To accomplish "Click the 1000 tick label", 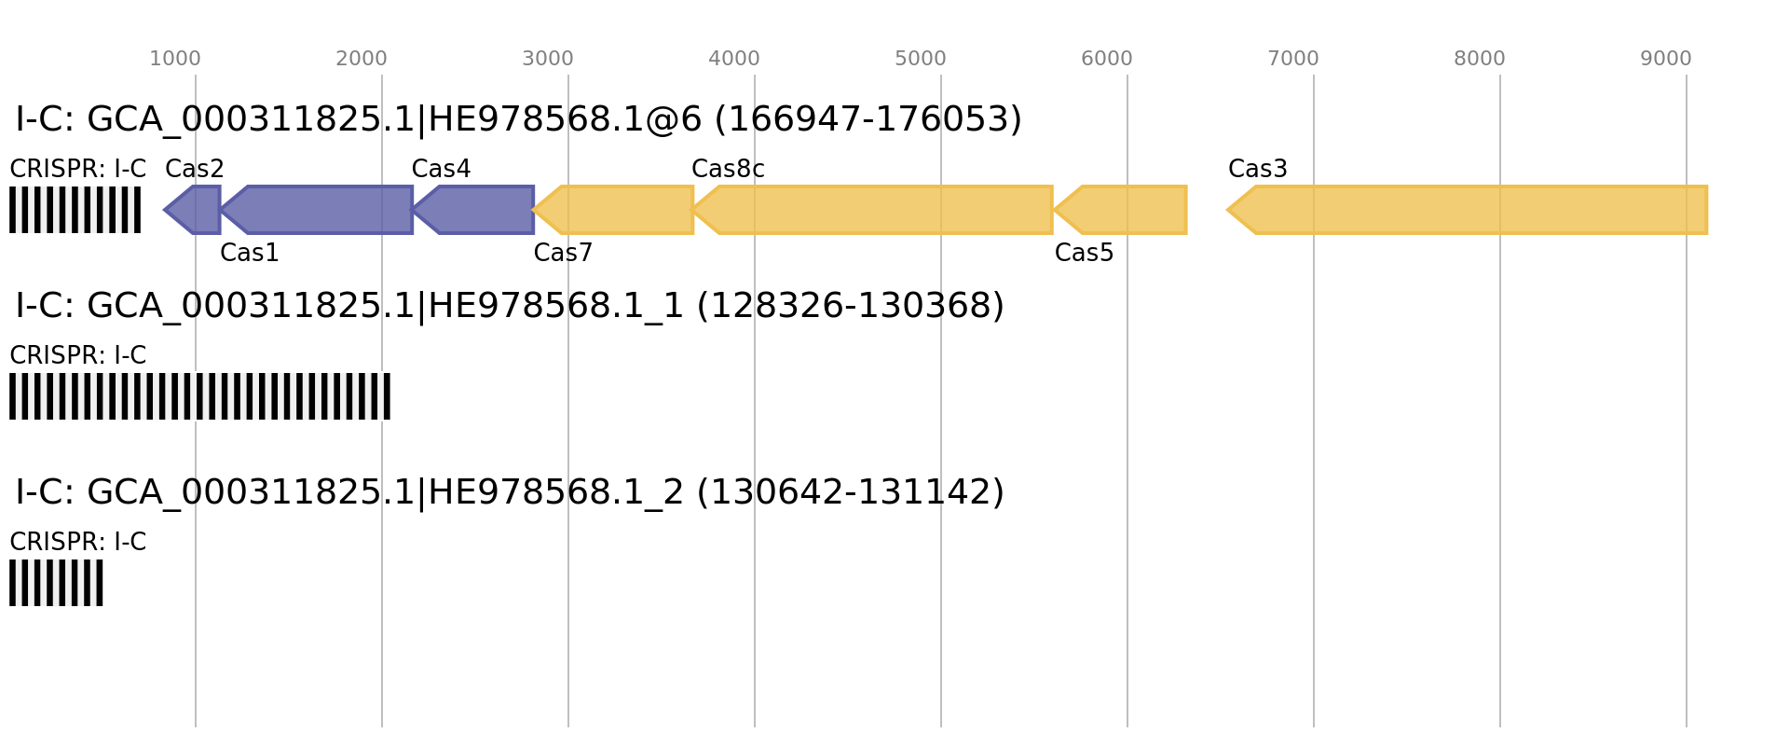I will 175,59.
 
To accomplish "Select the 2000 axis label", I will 362,59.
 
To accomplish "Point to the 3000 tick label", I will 548,59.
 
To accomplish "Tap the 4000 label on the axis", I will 734,59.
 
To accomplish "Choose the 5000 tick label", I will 921,59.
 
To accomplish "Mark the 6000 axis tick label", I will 1107,59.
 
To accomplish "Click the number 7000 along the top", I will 1293,59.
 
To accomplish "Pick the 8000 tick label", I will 1480,59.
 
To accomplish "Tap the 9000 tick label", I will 1666,59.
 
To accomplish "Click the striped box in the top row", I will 75,210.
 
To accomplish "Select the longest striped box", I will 199,396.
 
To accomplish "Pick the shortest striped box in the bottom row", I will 56,583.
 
